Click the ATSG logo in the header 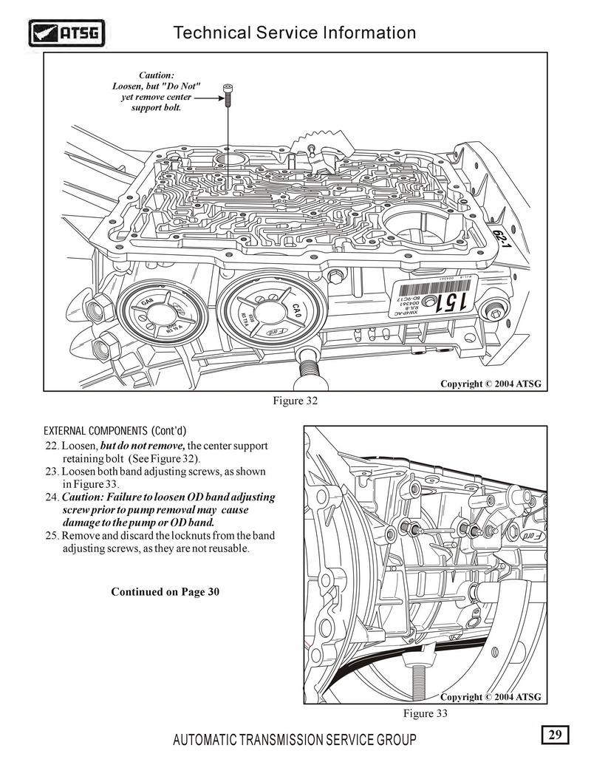[66, 33]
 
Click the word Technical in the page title [211, 33]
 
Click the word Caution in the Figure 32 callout [157, 75]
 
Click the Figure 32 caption [295, 401]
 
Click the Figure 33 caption [425, 713]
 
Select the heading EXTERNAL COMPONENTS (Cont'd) [115, 431]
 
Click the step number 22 [52, 446]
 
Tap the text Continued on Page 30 [165, 592]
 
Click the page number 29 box [555, 735]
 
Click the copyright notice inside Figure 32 [491, 384]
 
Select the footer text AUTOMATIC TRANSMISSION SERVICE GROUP [293, 740]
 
